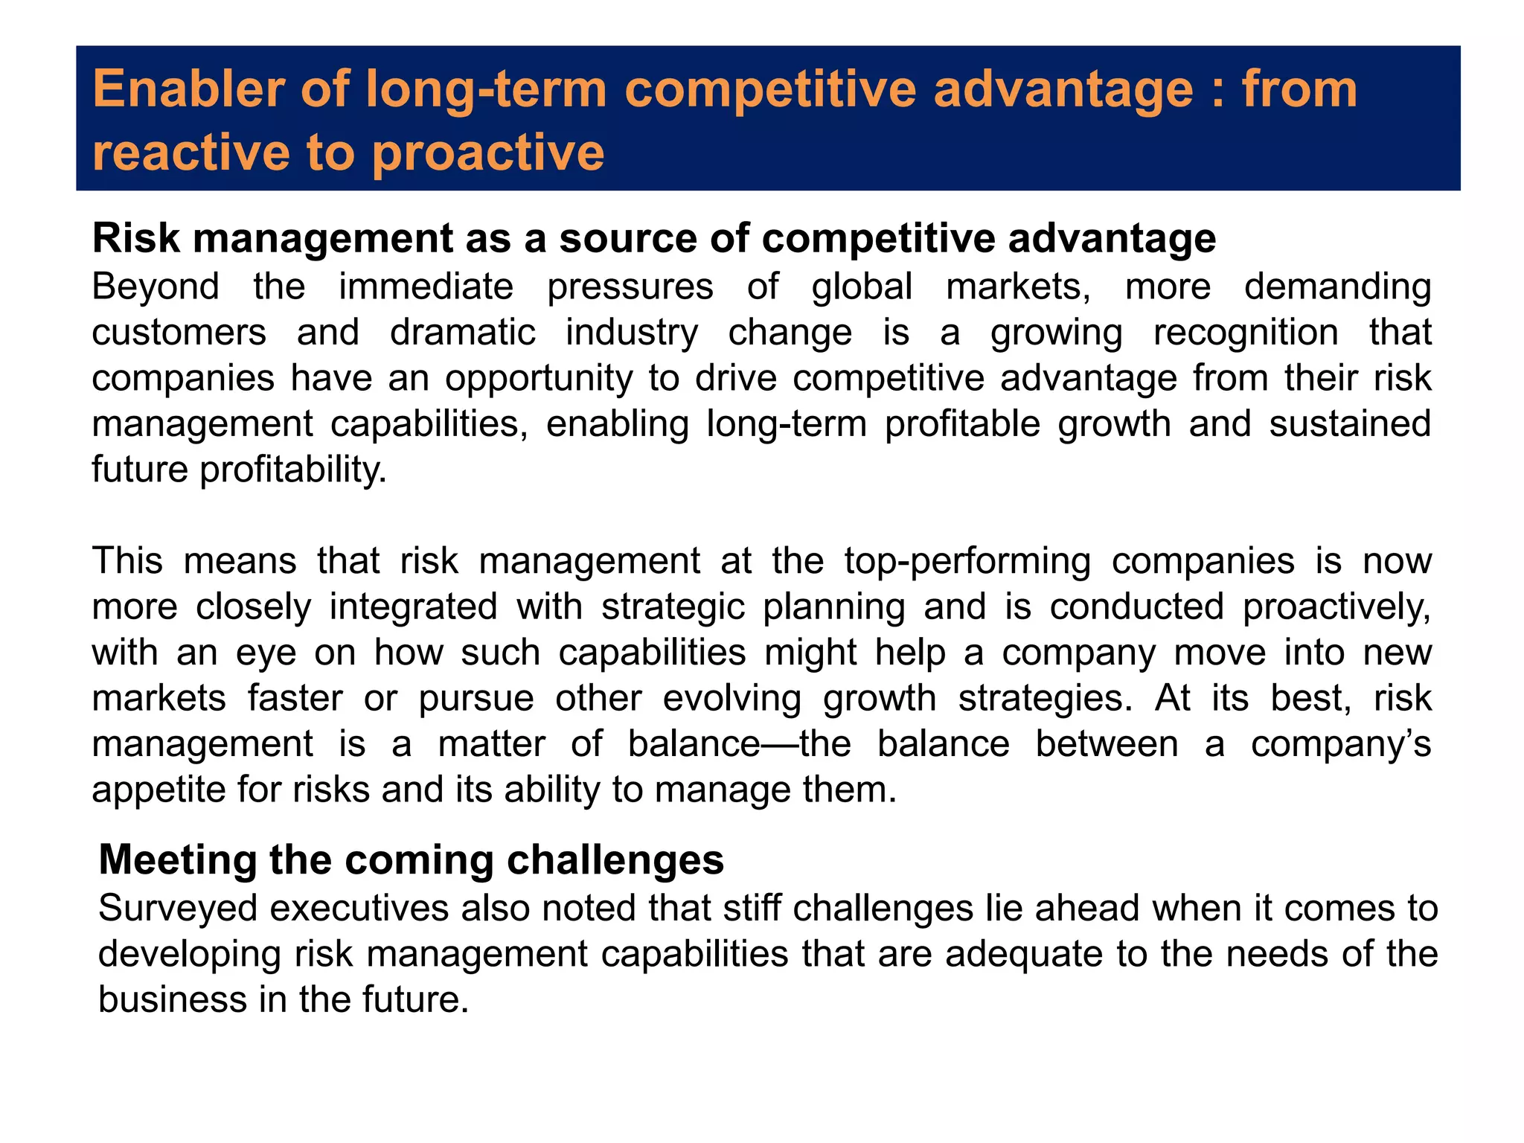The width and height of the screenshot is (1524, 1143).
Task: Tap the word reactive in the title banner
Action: (x=190, y=153)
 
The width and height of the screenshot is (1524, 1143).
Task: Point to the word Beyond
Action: (x=156, y=286)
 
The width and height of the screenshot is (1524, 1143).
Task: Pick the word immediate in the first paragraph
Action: (x=426, y=286)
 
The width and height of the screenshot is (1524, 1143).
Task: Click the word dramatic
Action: (x=462, y=332)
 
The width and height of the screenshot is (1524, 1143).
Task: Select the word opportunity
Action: (x=539, y=379)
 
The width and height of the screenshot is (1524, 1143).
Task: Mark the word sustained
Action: (x=1350, y=423)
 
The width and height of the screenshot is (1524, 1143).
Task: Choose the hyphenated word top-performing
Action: (x=967, y=560)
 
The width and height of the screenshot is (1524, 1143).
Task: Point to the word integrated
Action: (x=413, y=606)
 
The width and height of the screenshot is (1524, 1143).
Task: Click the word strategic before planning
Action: (x=673, y=606)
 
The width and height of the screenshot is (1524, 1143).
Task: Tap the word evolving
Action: (x=732, y=698)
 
